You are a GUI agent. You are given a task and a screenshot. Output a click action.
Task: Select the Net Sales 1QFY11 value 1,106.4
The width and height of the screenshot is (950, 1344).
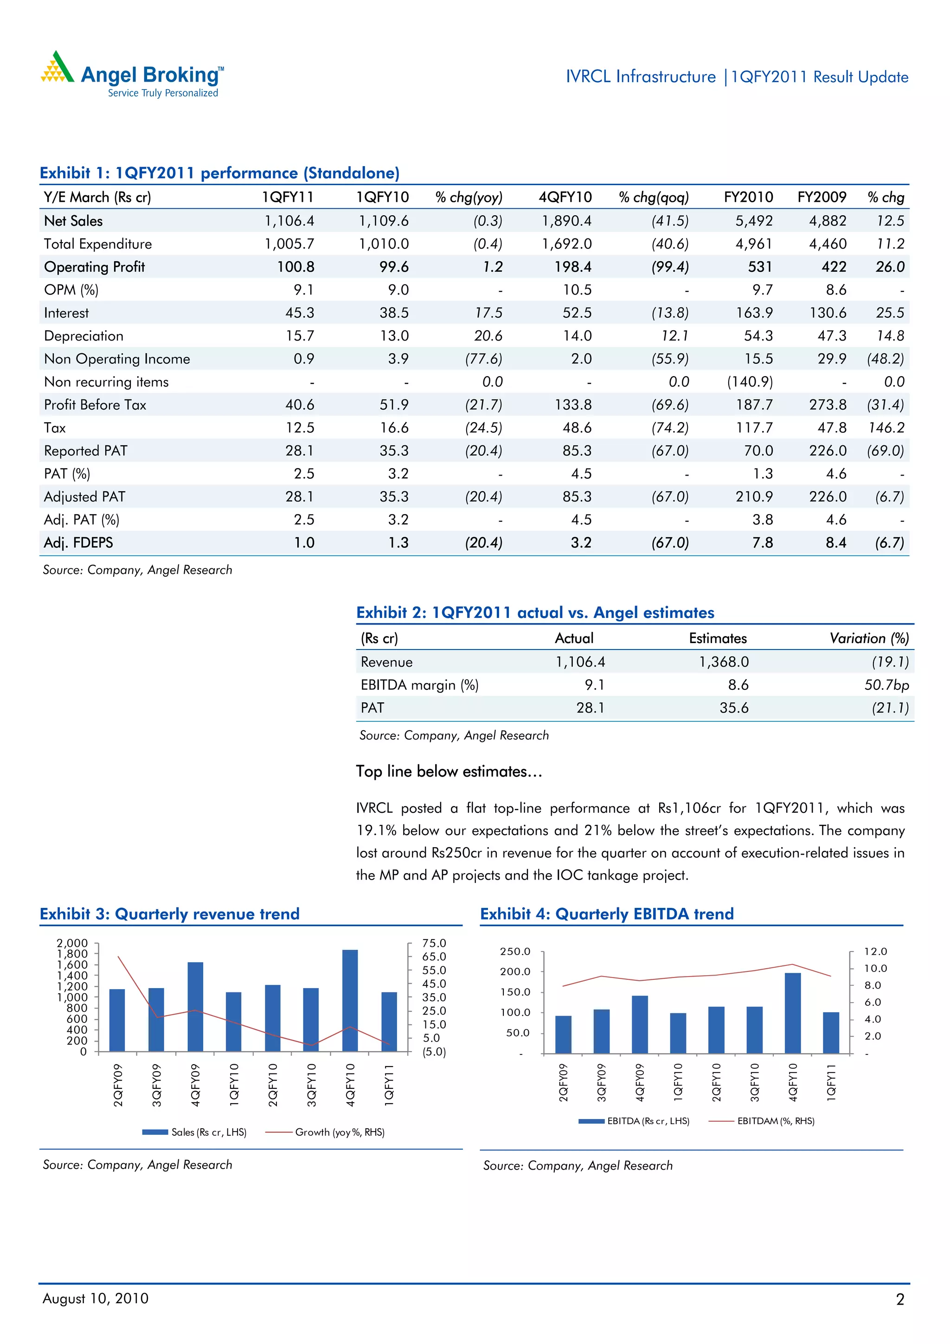point(289,221)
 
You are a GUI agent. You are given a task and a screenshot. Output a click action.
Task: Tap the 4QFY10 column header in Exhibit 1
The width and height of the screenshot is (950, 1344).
point(565,197)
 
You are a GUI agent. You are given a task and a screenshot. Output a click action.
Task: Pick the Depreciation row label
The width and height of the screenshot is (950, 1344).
point(83,336)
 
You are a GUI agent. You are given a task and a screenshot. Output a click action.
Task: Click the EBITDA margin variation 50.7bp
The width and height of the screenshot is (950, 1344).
point(886,685)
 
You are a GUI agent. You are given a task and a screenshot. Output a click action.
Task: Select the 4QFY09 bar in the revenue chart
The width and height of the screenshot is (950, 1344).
point(195,1006)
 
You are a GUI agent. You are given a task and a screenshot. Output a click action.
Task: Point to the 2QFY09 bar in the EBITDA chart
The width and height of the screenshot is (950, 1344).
point(563,1035)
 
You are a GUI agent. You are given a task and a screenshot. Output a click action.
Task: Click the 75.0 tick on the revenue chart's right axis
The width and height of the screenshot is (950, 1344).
point(434,943)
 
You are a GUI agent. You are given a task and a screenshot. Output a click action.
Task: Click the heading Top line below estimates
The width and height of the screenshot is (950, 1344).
point(449,772)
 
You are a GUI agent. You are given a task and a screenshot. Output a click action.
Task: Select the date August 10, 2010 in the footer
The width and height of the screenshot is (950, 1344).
point(96,1299)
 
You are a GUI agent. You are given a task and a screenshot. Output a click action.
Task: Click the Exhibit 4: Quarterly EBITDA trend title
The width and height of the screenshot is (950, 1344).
point(606,914)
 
